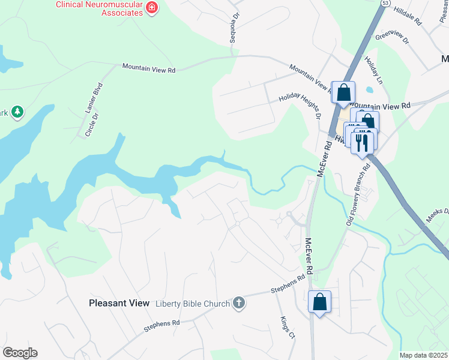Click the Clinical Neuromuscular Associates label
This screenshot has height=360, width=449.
coord(100,5)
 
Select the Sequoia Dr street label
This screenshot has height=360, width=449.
coord(235,27)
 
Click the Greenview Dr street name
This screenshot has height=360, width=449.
coord(391,37)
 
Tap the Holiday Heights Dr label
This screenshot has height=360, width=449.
coord(300,107)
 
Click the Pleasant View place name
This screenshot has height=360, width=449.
coord(119,303)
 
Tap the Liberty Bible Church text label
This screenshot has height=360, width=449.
coord(193,303)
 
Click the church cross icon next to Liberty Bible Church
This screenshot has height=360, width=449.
coord(239,302)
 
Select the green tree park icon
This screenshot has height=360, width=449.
coord(18,111)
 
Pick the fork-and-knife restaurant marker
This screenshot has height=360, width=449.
coord(363,142)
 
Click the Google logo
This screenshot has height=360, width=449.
coord(20,353)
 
